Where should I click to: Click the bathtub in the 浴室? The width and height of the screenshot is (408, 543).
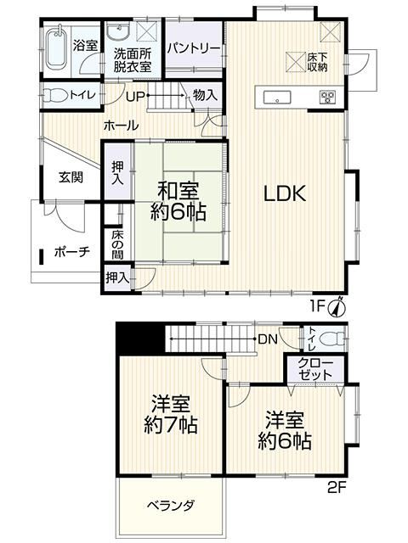point(56,48)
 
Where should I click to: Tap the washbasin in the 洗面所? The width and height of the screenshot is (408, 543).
point(118,33)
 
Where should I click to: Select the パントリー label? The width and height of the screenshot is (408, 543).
point(194,48)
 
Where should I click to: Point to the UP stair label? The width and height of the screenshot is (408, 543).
point(136,96)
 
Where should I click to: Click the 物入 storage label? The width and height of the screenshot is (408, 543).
point(206,94)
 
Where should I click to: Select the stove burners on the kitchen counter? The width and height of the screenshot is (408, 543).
point(327,97)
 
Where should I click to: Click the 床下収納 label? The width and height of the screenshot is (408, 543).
point(317,62)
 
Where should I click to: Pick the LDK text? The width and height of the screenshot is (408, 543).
point(285,193)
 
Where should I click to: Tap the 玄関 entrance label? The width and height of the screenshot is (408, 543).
point(71,177)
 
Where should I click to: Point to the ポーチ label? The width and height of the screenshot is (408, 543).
point(72,251)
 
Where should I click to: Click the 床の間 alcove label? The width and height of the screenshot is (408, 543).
point(118,244)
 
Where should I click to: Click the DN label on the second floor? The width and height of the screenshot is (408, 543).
point(268,339)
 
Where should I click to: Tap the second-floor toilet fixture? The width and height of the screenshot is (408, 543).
point(331,339)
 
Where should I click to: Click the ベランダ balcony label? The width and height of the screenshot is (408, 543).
point(171,506)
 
